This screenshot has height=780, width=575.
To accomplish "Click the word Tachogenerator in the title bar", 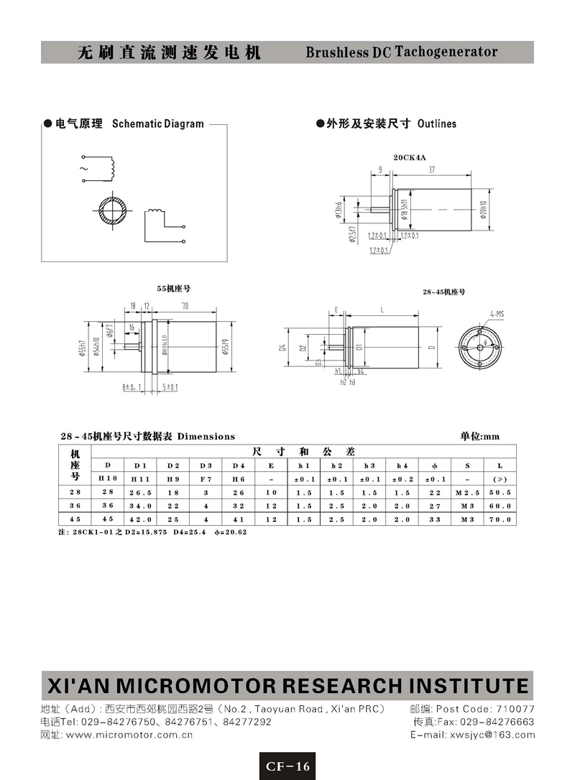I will [446, 52].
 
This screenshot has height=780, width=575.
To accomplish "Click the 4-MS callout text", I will [496, 314].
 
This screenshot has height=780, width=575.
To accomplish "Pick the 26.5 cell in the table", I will [140, 492].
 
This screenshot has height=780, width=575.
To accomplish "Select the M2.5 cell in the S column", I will [467, 492].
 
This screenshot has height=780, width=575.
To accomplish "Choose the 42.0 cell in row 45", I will [140, 519].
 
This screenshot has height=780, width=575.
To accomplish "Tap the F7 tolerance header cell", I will [205, 478].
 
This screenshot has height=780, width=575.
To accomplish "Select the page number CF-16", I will [287, 766].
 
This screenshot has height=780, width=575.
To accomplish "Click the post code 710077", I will [512, 709].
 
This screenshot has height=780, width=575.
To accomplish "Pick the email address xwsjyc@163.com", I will [492, 735].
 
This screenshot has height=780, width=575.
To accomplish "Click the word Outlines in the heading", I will [436, 124].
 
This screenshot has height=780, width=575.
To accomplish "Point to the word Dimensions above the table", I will [206, 436].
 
